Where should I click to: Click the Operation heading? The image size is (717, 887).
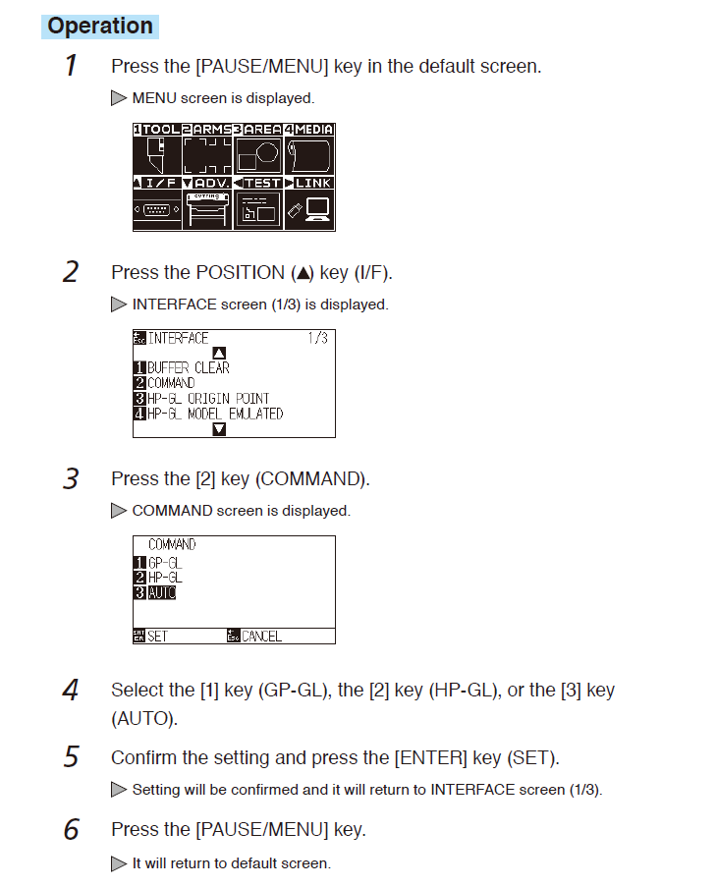pos(100,26)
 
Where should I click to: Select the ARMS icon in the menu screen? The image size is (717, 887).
pos(207,155)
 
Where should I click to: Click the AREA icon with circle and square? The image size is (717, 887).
pos(258,155)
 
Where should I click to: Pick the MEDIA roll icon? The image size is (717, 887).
pos(308,155)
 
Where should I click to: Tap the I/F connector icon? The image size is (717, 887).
pos(157,209)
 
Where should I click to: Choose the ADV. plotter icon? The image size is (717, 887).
pos(207,209)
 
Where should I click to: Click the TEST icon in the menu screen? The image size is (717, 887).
pos(258,209)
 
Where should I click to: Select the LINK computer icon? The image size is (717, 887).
pos(308,209)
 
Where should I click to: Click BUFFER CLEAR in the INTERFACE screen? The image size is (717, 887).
pos(189,368)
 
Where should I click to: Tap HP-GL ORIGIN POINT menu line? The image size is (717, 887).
pos(208,399)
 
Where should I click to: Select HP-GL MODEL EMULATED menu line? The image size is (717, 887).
pos(215,415)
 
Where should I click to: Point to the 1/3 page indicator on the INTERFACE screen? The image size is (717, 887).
pos(318,338)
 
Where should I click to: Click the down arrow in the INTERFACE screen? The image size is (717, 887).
pos(219,429)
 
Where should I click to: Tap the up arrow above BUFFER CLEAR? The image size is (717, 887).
pos(219,353)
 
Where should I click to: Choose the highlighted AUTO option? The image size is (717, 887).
pos(162,593)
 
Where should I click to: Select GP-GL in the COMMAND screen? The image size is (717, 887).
pos(165,563)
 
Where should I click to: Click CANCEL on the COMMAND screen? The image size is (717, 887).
pos(261,637)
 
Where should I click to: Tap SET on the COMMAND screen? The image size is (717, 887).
pos(157,637)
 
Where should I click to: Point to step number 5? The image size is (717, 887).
pos(72,757)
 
